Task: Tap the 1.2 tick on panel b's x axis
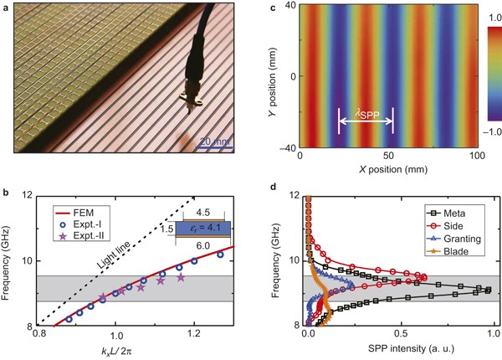194,332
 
